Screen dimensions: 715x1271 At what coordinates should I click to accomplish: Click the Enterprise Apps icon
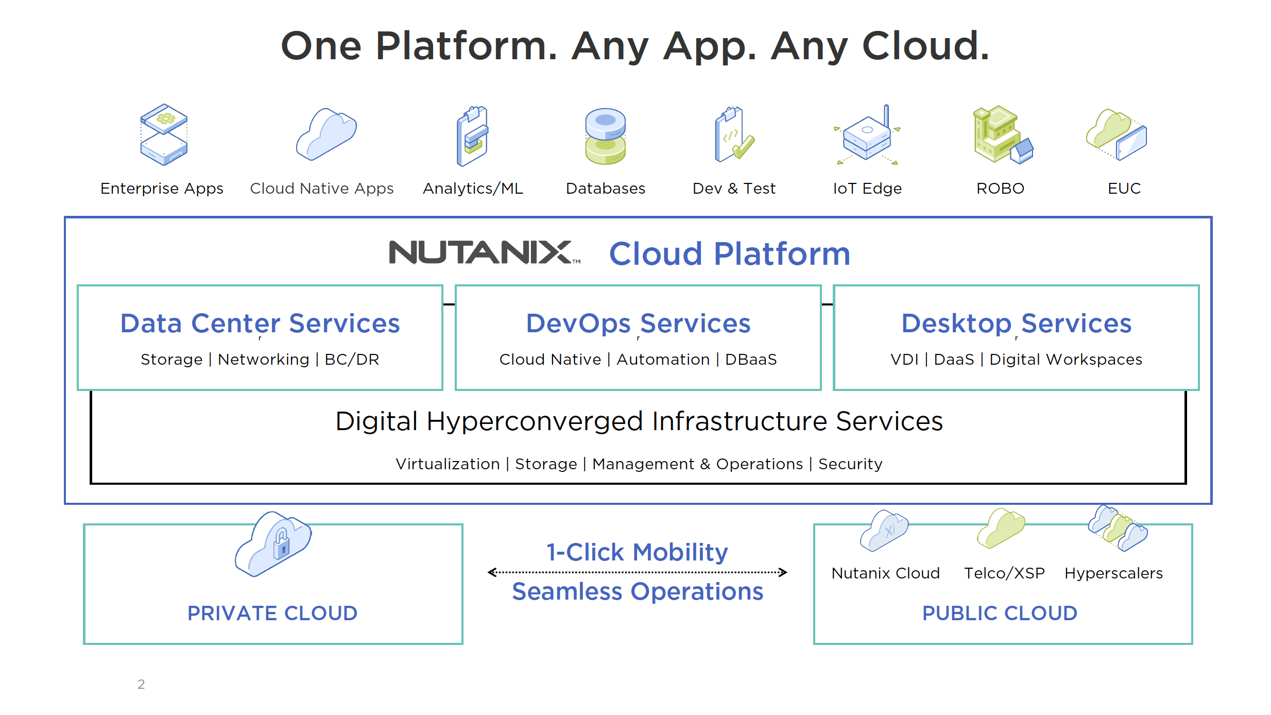(x=164, y=134)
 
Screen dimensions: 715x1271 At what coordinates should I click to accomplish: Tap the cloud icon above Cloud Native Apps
(x=326, y=134)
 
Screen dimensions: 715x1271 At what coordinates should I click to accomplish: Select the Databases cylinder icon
(x=605, y=136)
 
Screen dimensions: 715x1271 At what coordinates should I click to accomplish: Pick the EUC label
(x=1124, y=189)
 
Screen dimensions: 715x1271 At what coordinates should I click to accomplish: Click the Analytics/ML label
(x=473, y=189)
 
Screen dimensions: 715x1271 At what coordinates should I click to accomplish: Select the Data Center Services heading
(x=260, y=324)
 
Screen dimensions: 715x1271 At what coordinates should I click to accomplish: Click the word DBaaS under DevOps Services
(x=751, y=360)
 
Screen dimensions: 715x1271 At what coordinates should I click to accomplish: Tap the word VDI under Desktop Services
(x=904, y=360)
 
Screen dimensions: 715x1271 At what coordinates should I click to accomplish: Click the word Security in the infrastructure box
(x=850, y=464)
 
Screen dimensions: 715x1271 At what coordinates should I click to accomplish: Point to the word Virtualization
(x=448, y=464)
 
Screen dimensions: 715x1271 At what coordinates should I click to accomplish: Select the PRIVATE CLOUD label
(x=272, y=613)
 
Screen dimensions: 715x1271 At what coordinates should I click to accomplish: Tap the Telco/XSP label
(x=1004, y=573)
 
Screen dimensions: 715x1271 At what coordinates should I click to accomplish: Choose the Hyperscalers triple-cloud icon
(x=1118, y=527)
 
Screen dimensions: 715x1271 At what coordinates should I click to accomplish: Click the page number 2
(x=141, y=684)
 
